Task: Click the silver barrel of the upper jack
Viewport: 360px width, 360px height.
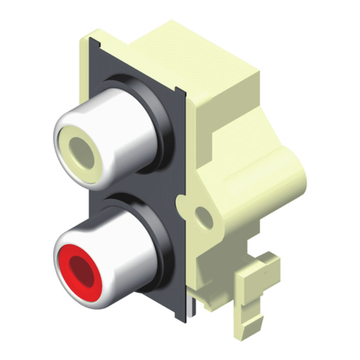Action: coord(127,132)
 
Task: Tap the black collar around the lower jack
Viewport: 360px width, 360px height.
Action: coord(162,244)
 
